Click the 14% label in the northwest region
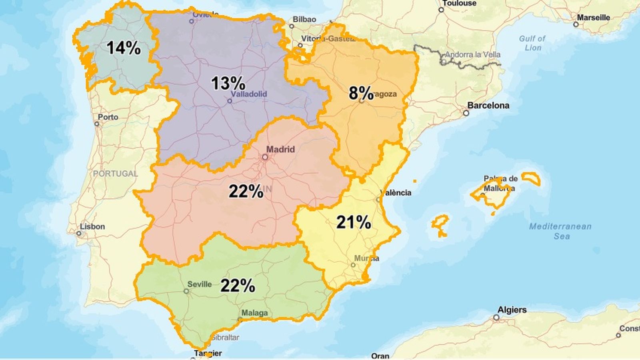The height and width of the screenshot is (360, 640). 124,48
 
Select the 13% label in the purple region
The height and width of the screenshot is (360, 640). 228,84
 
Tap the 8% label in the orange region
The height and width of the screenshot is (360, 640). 361,93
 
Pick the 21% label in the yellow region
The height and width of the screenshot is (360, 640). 354,222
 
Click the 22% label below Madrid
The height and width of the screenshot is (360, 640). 246,192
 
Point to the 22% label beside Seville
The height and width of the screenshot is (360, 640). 238,286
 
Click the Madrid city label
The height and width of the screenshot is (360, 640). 280,149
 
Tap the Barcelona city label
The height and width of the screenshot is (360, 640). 488,106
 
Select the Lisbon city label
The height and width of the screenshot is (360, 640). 92,226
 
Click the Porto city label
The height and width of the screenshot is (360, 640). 108,117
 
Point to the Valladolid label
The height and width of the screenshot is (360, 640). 249,94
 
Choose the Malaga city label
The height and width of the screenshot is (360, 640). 254,313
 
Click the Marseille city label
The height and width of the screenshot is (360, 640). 593,18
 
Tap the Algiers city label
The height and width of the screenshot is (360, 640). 512,310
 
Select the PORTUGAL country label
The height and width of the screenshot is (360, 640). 115,174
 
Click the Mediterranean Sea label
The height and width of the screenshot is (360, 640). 560,231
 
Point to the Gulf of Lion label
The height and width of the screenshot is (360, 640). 532,43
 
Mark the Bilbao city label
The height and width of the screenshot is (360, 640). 304,19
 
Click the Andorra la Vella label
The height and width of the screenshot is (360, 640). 472,54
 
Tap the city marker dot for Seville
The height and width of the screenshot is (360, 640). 186,291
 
